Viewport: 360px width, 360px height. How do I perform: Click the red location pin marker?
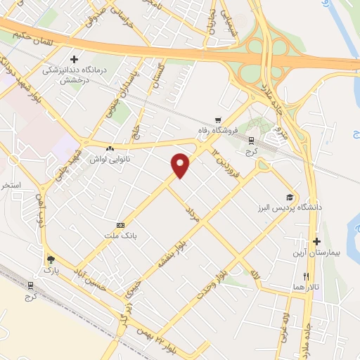point(181,165)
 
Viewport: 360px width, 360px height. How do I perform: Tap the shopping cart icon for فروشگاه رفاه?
point(219,120)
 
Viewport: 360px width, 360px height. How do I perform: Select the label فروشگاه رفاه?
point(218,131)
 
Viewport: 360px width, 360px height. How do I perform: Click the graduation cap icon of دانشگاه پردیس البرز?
point(289,198)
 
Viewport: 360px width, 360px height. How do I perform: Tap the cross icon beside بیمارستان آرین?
point(317,242)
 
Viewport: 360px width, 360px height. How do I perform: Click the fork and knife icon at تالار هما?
point(305,276)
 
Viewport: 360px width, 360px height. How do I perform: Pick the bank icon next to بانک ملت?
point(120,225)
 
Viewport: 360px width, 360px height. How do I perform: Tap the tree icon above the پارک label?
point(50,258)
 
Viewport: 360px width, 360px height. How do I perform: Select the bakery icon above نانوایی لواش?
point(110,149)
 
